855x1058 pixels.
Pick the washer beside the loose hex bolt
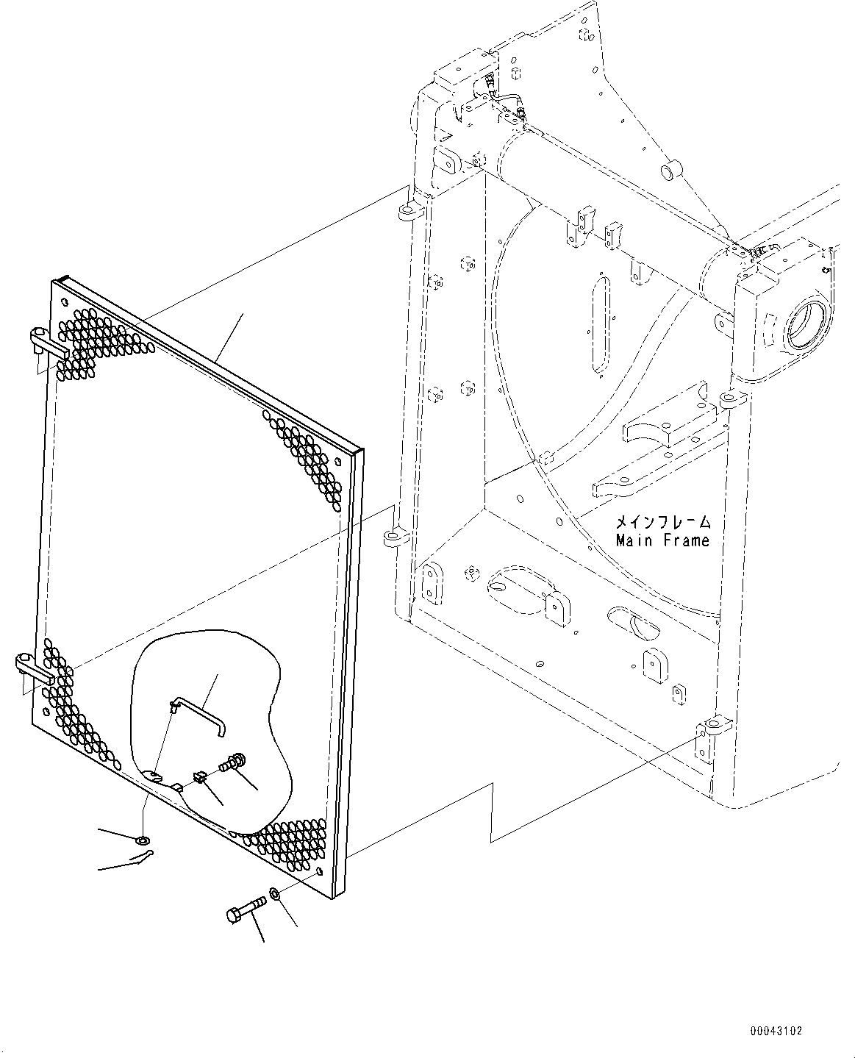[x=273, y=894]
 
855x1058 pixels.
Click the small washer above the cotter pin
[x=141, y=839]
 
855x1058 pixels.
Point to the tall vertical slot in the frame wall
[x=600, y=324]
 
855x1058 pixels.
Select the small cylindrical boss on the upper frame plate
[x=671, y=173]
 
